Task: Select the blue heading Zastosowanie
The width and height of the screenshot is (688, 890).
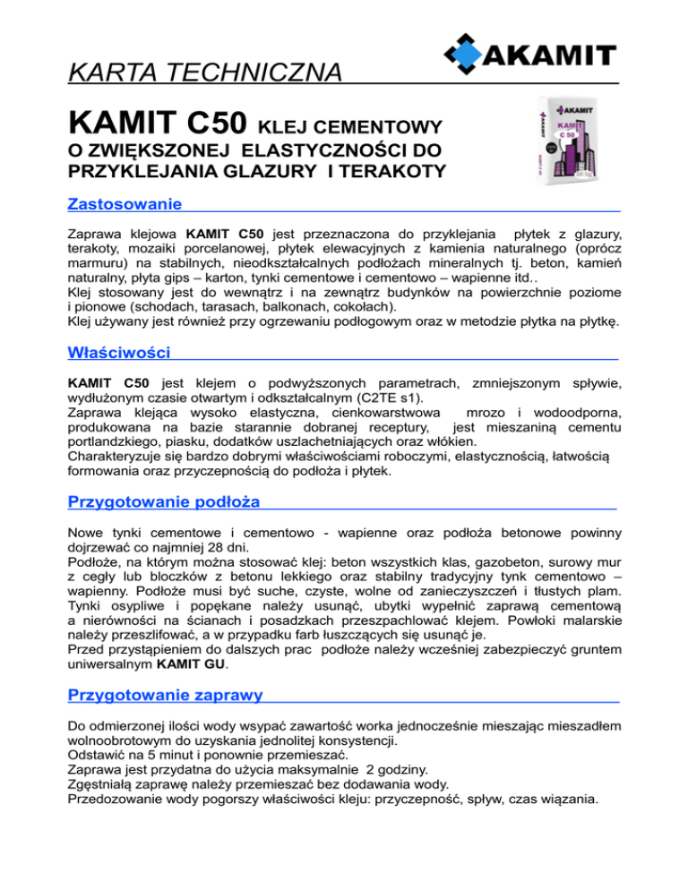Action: [x=125, y=204]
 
